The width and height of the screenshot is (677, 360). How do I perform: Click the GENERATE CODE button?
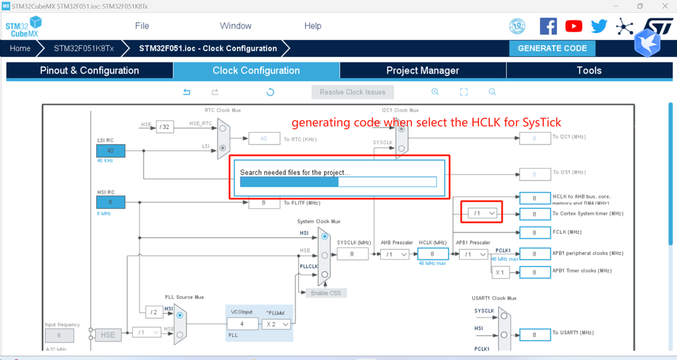point(552,48)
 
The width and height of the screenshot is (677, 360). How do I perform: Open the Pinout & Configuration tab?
point(89,71)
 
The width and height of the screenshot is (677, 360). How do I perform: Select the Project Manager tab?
point(422,71)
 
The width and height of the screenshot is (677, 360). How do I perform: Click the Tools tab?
point(588,71)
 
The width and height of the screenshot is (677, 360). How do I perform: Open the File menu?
point(142,26)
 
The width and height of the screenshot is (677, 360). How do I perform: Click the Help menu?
point(312,26)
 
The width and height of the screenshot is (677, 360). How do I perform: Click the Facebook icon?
point(548,26)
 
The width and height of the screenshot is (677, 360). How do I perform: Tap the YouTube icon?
point(573,26)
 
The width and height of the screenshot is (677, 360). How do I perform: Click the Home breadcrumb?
point(20,48)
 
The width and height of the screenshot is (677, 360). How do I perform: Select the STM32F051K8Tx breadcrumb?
point(83,48)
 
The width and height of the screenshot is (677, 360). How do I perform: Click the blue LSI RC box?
point(110,151)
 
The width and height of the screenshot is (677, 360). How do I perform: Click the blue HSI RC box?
point(110,202)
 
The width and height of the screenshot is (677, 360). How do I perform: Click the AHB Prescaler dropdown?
point(394,254)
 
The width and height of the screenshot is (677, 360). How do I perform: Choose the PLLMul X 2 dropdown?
point(277,324)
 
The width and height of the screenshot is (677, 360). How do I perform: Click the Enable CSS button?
point(326,293)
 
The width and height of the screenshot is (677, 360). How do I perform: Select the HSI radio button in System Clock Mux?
point(325,237)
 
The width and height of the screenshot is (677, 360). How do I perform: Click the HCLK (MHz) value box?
point(432,254)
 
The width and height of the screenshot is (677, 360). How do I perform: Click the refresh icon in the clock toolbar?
point(270,92)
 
